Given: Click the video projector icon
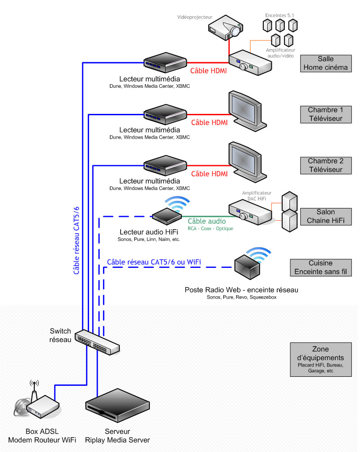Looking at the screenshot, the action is coord(226,27).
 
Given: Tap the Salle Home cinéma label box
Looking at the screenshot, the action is coord(326,63).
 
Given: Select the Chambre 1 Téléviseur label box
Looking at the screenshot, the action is coord(326,114).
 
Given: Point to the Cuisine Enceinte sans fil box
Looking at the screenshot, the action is coord(321,267).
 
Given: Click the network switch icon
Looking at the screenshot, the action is coord(97,342).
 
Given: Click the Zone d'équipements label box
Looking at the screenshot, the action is coord(321,359).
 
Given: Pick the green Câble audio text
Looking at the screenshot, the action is coord(207,221).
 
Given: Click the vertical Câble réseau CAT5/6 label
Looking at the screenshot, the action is coord(76,240).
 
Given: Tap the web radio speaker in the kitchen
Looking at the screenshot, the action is coord(247,267).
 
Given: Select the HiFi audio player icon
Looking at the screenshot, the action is coord(167,216).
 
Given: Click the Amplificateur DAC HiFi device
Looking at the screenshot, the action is coord(250,213).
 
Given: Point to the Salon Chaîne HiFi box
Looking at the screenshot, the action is coord(326,217).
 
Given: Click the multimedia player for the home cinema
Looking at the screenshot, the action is coord(165,62).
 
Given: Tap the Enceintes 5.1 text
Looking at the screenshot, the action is coord(279,15).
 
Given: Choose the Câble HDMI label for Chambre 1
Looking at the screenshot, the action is coord(209,122).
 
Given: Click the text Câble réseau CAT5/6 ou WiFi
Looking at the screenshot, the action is coord(154,262).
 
